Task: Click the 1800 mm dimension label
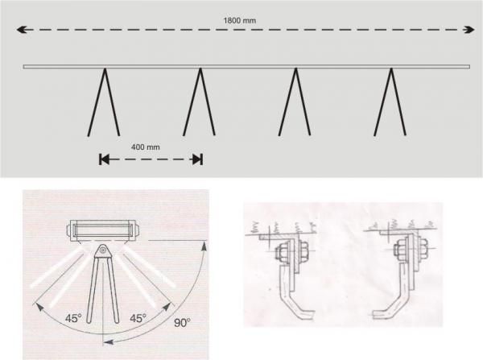coord(239,21)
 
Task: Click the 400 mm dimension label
coord(146,147)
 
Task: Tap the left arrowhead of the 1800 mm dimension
coord(21,30)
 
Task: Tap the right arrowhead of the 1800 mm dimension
coord(469,30)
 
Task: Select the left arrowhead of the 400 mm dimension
coord(104,159)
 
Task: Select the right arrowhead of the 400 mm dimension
coord(197,159)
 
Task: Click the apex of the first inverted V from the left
coord(105,69)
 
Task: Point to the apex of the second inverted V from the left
coord(200,69)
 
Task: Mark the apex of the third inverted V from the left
coord(295,69)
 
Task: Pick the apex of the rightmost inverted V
coord(391,69)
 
